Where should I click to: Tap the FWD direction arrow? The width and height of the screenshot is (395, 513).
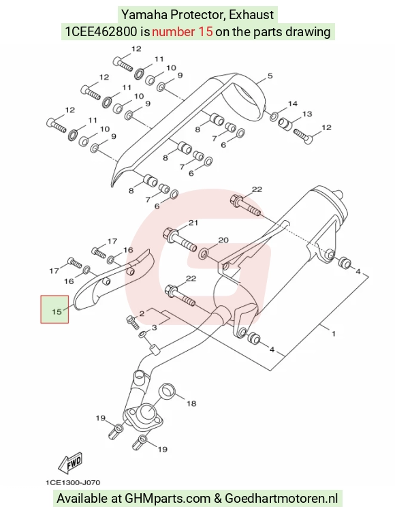tap(70, 463)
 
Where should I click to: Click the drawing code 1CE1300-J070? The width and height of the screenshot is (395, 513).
tap(73, 482)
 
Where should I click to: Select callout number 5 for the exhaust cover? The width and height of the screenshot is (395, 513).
tap(270, 76)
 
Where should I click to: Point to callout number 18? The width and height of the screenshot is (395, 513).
tap(191, 403)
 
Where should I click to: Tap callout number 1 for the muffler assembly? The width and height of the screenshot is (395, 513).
tap(334, 334)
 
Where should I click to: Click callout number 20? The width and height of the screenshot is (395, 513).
tap(223, 240)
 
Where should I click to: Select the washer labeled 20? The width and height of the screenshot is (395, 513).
tap(204, 253)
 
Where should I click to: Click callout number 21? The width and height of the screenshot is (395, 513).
tap(193, 223)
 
